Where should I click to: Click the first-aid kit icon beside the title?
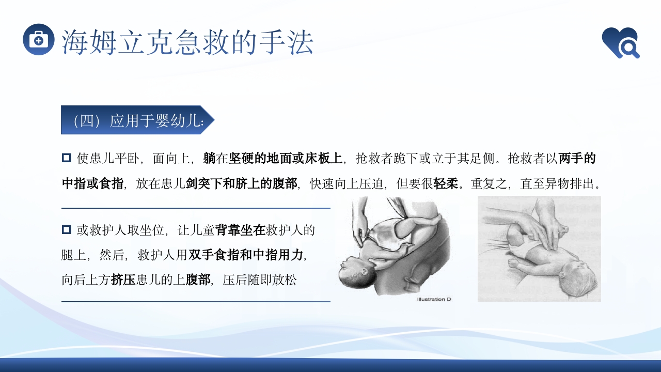39,39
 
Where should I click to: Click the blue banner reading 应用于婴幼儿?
137,120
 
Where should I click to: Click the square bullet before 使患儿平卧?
66,158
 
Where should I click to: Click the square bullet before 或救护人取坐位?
66,229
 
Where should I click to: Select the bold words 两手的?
577,158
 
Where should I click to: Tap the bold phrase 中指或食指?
92,184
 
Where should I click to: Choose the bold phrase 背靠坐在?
240,230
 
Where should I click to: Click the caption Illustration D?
434,299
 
